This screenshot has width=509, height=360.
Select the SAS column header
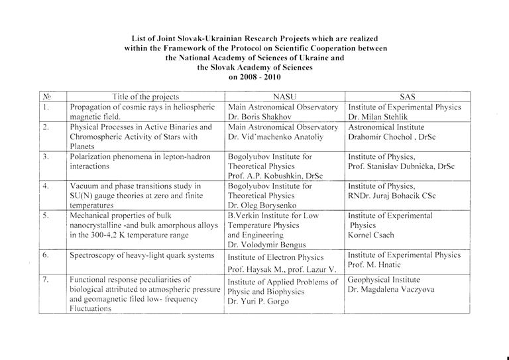tap(407, 97)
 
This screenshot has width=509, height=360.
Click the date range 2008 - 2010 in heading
tap(255, 77)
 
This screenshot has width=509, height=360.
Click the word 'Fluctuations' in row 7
tap(92, 309)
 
